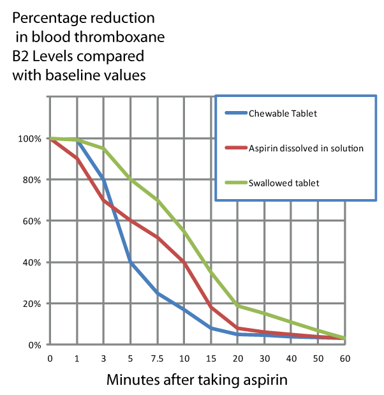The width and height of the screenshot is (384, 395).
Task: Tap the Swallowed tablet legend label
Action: pyautogui.click(x=285, y=183)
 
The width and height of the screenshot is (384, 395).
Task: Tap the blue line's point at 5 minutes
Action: pyautogui.click(x=131, y=262)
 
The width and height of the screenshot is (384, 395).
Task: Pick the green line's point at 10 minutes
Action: pyautogui.click(x=184, y=231)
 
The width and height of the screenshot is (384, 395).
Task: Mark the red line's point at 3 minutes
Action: pyautogui.click(x=104, y=200)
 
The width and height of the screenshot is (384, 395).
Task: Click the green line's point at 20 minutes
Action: pyautogui.click(x=237, y=306)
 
